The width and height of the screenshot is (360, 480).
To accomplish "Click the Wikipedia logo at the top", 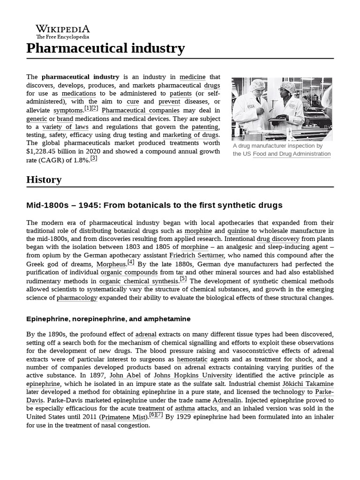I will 63,31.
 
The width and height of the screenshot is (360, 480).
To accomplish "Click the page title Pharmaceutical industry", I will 105,48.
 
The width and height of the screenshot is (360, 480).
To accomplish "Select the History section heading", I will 44,180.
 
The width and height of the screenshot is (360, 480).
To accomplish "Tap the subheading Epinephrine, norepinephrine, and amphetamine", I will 108,319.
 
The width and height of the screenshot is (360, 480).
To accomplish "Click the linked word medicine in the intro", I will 192,77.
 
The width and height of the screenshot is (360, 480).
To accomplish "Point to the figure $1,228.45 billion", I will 52,151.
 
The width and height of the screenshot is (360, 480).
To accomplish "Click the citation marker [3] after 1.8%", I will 94,158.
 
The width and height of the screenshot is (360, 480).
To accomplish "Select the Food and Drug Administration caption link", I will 292,154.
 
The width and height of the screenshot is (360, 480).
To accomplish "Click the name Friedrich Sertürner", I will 196,255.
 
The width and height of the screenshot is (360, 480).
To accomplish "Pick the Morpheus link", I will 112,264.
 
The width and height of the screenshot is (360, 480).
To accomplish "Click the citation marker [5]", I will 183,279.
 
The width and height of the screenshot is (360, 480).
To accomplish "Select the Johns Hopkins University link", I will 193,375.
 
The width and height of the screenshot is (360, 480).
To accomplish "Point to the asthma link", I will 185,409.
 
